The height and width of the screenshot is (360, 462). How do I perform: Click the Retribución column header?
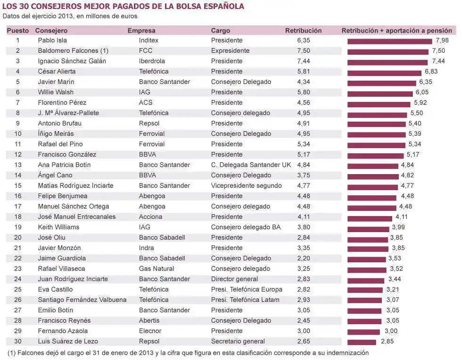click(303, 31)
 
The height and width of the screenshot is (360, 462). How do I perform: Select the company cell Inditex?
click(148, 41)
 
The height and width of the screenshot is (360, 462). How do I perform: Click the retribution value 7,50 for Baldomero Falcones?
click(304, 51)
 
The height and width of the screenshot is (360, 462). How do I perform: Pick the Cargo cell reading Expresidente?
click(230, 51)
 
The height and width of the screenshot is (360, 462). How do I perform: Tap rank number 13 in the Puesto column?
click(18, 165)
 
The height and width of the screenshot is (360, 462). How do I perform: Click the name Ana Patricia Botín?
click(64, 165)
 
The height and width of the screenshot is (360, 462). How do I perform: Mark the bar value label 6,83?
click(431, 72)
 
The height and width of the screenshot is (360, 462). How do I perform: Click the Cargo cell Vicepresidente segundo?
click(246, 186)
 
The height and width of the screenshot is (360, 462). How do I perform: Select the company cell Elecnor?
click(150, 331)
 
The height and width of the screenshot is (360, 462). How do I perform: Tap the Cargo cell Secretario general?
click(238, 342)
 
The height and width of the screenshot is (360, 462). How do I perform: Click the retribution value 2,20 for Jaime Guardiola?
click(304, 259)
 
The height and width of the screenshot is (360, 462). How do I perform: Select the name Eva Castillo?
click(55, 290)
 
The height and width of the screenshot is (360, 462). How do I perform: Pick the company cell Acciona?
click(150, 217)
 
